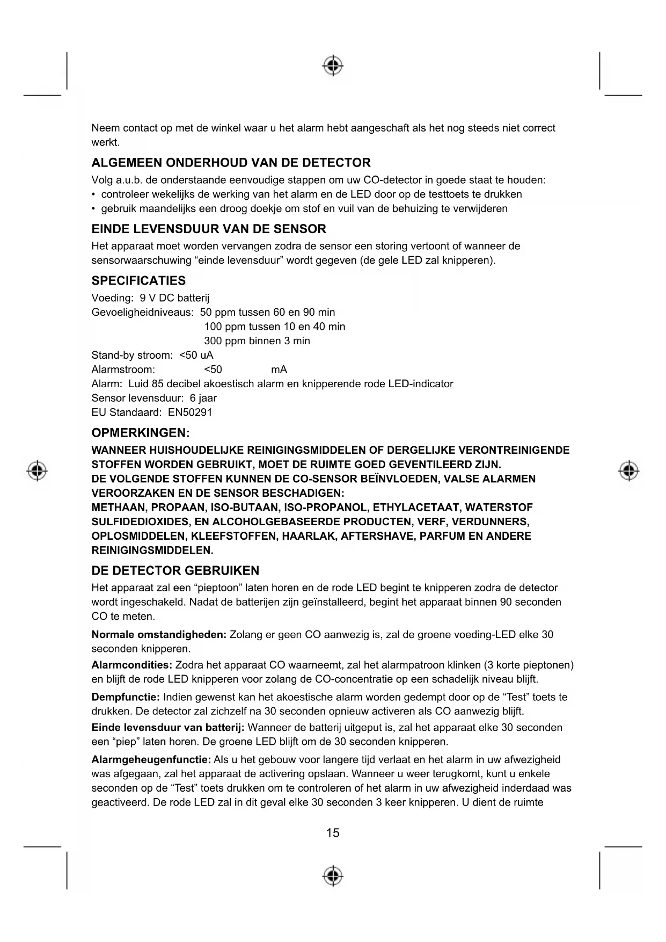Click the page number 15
[333, 832]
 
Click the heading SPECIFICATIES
[138, 280]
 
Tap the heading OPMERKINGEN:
[141, 433]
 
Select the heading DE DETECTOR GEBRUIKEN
[175, 570]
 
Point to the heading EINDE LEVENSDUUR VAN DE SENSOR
[209, 229]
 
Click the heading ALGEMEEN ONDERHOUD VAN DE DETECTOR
[231, 163]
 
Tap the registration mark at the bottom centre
[333, 875]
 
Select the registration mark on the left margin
[37, 470]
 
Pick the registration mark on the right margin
[628, 470]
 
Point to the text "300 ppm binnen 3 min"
[257, 341]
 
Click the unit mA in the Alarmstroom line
[279, 369]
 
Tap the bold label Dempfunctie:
[126, 697]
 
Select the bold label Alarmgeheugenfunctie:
[151, 759]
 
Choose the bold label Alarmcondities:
[131, 665]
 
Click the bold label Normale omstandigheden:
[159, 634]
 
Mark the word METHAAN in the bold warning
[119, 508]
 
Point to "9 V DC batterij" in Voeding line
[174, 298]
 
